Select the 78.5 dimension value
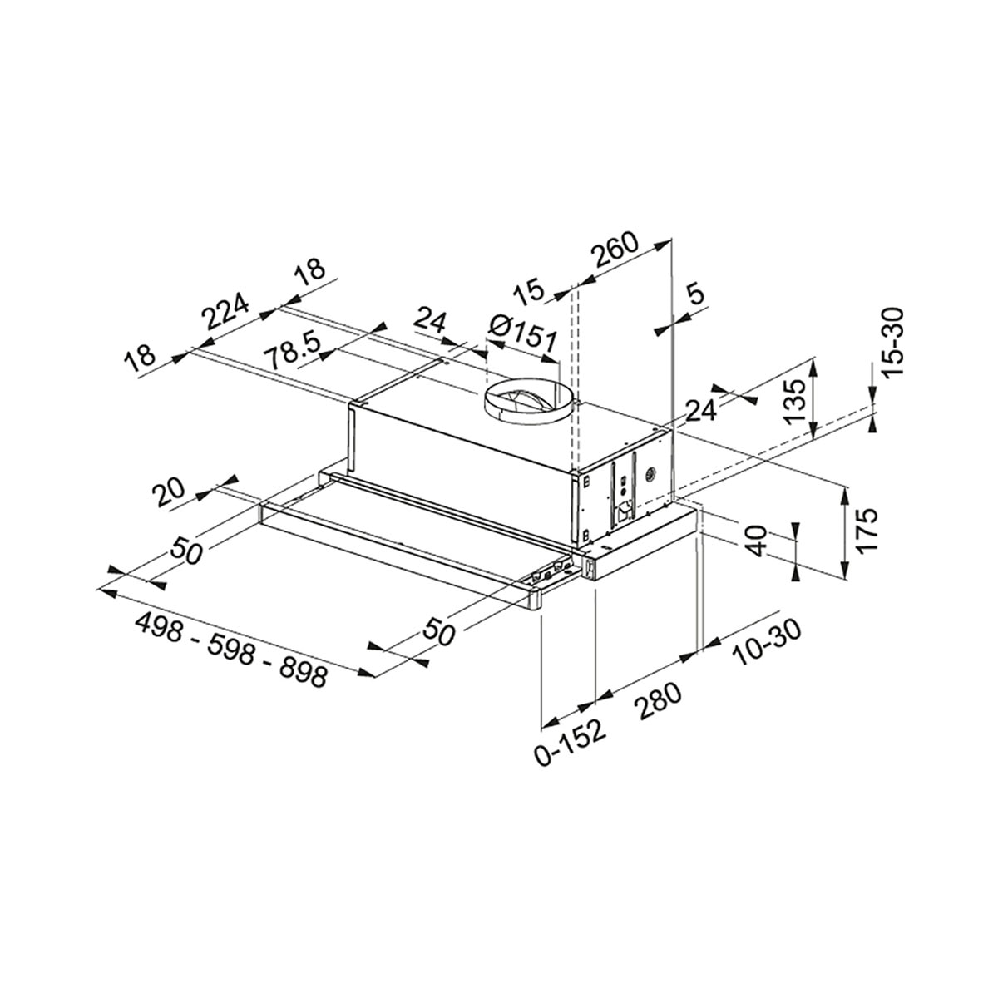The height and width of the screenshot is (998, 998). (x=293, y=351)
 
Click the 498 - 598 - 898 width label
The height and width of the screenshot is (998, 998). (x=231, y=649)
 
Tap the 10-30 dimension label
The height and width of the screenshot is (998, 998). (x=765, y=642)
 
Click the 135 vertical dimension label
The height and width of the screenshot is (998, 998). (x=794, y=402)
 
